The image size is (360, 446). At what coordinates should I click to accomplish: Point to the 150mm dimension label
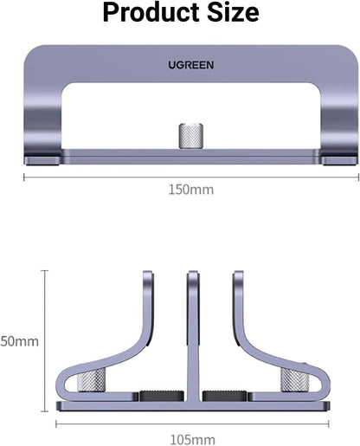[191, 190]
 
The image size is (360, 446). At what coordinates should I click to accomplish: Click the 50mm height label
[18, 341]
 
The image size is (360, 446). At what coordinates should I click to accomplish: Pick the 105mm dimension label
[192, 441]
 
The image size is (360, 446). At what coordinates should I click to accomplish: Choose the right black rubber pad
[222, 396]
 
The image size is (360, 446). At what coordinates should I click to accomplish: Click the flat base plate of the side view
[192, 407]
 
